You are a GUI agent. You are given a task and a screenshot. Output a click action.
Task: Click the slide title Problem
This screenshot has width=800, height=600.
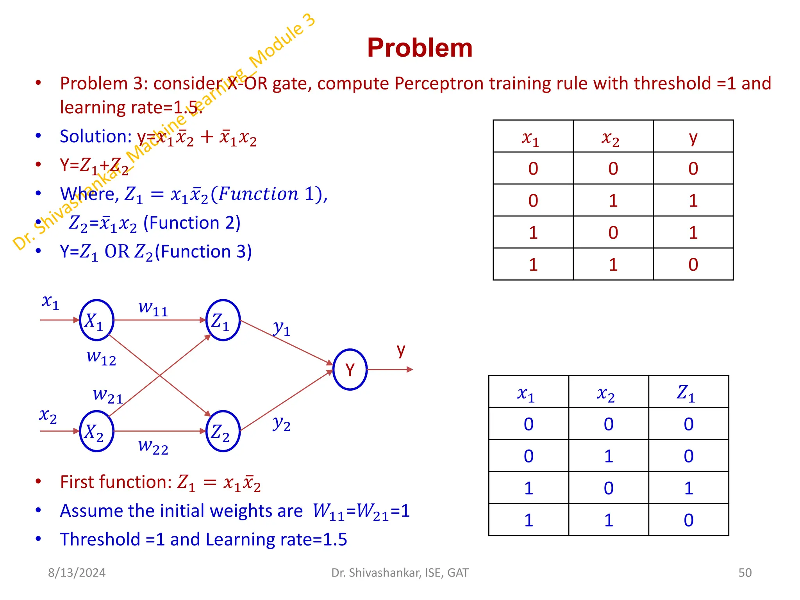pyautogui.click(x=420, y=48)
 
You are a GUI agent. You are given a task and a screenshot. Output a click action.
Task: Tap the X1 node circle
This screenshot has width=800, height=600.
pyautogui.click(x=96, y=320)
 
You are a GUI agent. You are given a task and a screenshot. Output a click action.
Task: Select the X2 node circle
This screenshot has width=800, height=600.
pyautogui.click(x=96, y=431)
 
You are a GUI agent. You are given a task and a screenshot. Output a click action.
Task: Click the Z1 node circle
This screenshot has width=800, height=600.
pyautogui.click(x=223, y=320)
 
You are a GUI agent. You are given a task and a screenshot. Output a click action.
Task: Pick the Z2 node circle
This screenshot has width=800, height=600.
pyautogui.click(x=223, y=431)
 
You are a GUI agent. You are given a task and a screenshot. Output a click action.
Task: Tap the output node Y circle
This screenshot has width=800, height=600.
pyautogui.click(x=350, y=369)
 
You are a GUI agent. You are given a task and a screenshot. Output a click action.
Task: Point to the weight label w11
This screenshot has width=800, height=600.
pyautogui.click(x=153, y=308)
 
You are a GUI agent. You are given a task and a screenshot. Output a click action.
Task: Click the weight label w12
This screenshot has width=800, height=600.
pyautogui.click(x=101, y=357)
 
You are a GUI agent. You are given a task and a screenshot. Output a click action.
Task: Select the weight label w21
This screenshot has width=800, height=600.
pyautogui.click(x=108, y=395)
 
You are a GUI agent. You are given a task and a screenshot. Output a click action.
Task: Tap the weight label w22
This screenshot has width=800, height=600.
pyautogui.click(x=153, y=446)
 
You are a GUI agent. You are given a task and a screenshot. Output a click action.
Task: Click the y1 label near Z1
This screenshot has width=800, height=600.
pyautogui.click(x=282, y=328)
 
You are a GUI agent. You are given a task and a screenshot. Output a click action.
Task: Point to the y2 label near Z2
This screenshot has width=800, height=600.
pyautogui.click(x=282, y=423)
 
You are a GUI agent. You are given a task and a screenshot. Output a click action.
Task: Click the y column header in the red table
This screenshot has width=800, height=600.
pyautogui.click(x=693, y=137)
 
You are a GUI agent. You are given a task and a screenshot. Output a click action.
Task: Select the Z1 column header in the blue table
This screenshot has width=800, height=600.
pyautogui.click(x=686, y=393)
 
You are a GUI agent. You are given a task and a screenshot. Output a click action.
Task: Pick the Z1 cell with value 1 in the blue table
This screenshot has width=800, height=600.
pyautogui.click(x=688, y=488)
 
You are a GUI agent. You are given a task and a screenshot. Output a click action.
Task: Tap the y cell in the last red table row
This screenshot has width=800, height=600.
pyautogui.click(x=693, y=264)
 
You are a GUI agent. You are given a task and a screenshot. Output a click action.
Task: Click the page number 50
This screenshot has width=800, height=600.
pyautogui.click(x=745, y=573)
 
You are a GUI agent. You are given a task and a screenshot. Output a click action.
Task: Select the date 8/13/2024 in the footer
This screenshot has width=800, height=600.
pyautogui.click(x=77, y=573)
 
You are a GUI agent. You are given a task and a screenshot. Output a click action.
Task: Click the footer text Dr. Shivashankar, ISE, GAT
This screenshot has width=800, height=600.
pyautogui.click(x=400, y=573)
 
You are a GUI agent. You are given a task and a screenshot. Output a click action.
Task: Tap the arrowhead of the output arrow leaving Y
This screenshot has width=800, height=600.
pyautogui.click(x=410, y=369)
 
